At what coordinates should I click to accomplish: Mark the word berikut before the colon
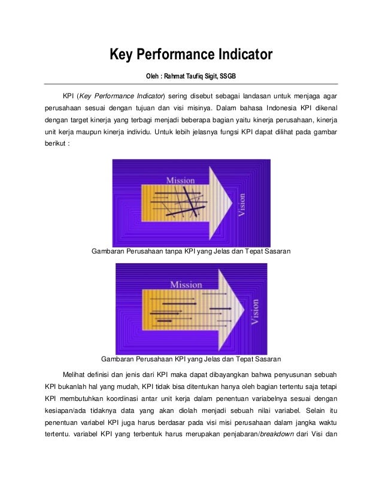pyautogui.click(x=56, y=144)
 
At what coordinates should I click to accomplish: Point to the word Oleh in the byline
pyautogui.click(x=154, y=77)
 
